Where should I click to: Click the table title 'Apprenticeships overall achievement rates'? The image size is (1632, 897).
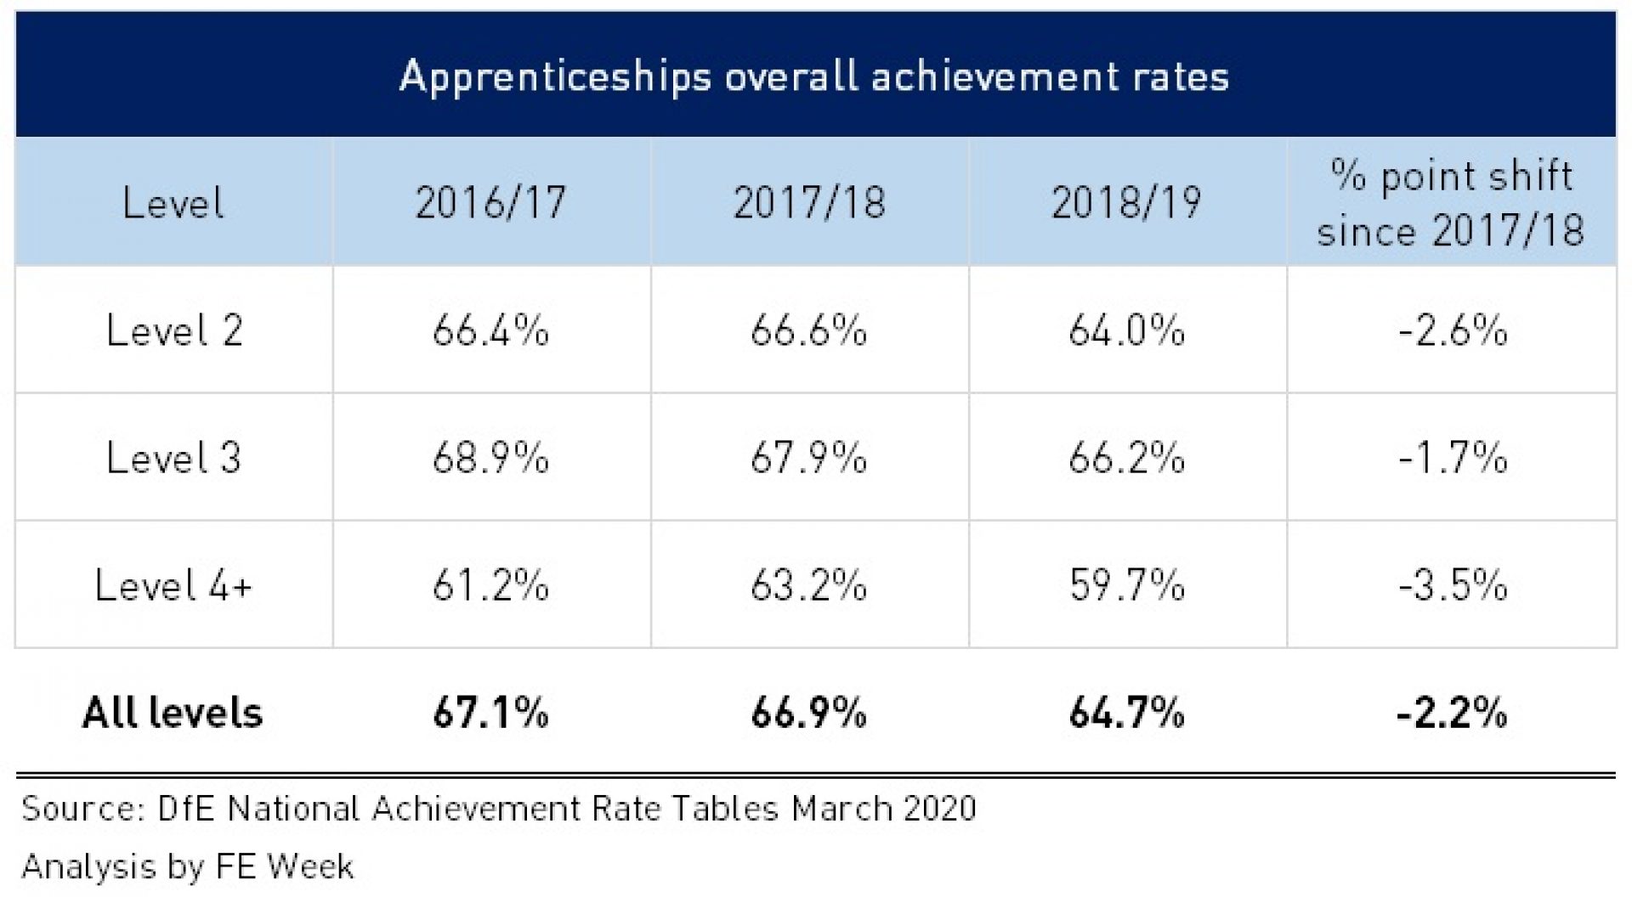814,76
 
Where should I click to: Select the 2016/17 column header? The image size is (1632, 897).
490,203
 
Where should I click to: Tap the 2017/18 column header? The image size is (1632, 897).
809,203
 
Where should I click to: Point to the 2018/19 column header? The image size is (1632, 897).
1126,203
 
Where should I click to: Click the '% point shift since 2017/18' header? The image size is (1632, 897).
1451,203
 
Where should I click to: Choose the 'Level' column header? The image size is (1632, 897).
173,203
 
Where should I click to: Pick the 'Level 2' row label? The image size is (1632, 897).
174,330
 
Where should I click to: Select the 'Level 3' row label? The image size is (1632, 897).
174,458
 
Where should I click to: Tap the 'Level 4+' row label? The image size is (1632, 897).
174,585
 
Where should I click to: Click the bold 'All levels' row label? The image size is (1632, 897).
173,713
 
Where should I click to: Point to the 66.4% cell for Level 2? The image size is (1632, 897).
490,330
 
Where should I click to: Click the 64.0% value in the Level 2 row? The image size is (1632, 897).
1126,330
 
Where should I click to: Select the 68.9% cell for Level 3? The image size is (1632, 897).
490,458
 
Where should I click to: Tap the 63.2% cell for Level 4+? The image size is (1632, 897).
808,585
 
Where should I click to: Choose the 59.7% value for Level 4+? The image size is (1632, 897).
1126,585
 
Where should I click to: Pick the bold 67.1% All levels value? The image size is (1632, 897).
490,713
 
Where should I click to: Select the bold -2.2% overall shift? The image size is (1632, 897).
1452,713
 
